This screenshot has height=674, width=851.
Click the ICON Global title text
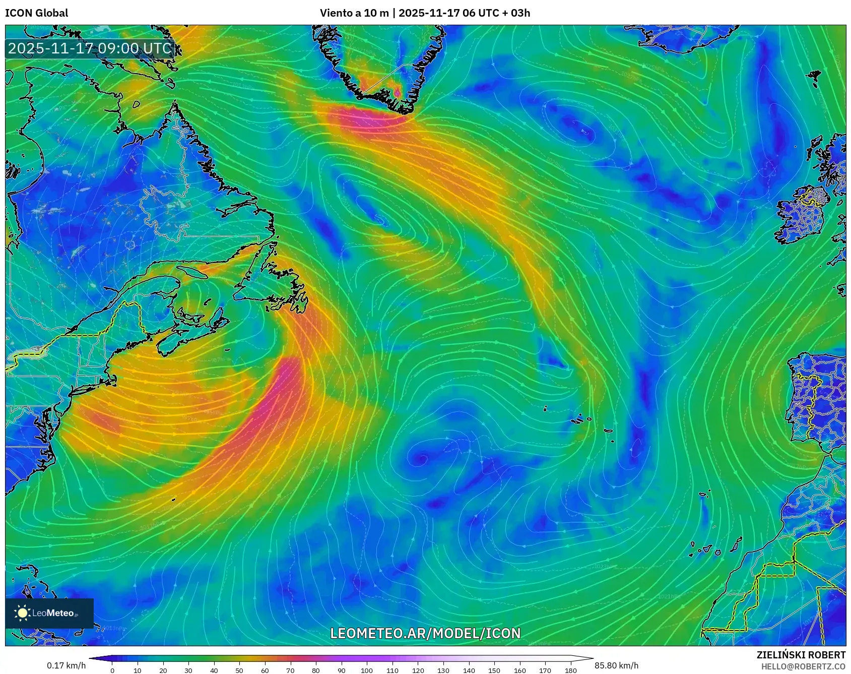(36, 13)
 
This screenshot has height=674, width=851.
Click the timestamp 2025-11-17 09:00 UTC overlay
(90, 48)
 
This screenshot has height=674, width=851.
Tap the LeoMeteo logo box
(49, 613)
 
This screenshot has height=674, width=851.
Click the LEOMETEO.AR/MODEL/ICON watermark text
(425, 633)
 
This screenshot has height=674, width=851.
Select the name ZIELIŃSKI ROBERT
(801, 655)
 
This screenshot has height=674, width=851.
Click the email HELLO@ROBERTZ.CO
(803, 666)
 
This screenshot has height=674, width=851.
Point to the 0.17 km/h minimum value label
(66, 665)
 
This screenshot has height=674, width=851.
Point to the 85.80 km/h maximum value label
(616, 665)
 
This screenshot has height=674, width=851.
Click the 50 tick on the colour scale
(239, 670)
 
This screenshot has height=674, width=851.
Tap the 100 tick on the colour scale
(367, 670)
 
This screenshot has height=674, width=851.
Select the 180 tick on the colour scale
(570, 670)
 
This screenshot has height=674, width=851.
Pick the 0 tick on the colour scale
(112, 670)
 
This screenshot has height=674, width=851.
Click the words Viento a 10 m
(354, 13)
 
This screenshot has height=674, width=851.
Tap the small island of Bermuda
(173, 500)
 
